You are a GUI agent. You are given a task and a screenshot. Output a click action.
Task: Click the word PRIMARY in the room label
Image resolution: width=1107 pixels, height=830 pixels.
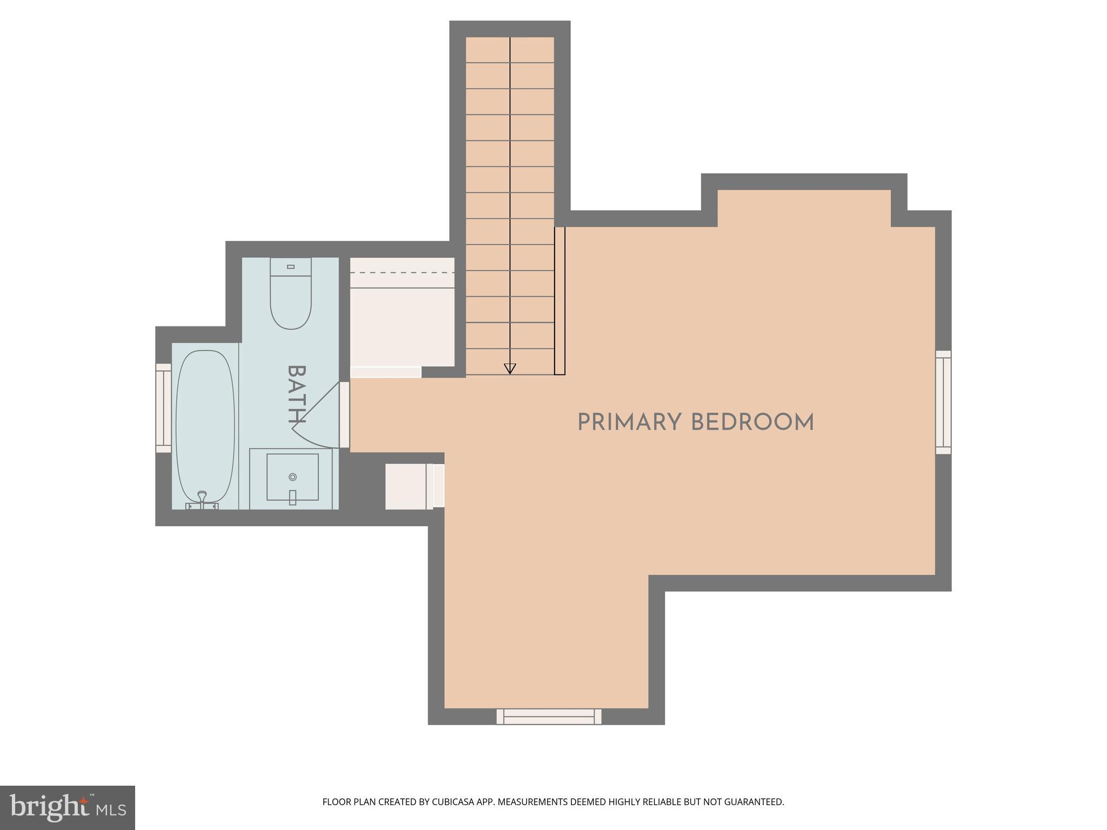(629, 423)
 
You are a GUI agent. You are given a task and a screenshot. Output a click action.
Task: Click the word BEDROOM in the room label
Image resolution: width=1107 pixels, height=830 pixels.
(752, 423)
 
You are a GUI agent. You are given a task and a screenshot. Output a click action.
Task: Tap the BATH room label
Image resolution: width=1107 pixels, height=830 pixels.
(296, 394)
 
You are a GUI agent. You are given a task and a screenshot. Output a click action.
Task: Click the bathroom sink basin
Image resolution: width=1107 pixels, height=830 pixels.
(292, 477)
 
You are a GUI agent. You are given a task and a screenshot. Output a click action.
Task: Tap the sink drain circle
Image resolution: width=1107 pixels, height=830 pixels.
(292, 477)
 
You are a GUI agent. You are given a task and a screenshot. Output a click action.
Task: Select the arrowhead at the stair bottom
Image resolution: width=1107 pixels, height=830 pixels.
(510, 369)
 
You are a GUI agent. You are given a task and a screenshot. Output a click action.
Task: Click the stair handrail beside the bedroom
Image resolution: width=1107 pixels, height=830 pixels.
(559, 300)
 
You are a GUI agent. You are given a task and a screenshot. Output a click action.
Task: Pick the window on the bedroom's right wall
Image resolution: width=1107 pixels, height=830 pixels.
(943, 402)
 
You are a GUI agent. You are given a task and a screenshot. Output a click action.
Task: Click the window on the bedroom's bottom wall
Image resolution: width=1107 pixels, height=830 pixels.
(549, 717)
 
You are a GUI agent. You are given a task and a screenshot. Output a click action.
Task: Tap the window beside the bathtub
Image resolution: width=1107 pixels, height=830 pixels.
(163, 408)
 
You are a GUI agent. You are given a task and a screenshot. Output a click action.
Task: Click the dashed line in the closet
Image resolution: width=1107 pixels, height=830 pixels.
(402, 272)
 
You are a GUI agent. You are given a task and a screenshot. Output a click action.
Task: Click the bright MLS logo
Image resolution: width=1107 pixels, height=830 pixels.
(67, 808)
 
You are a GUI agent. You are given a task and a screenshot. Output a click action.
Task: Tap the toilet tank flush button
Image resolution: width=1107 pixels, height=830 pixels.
(291, 266)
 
